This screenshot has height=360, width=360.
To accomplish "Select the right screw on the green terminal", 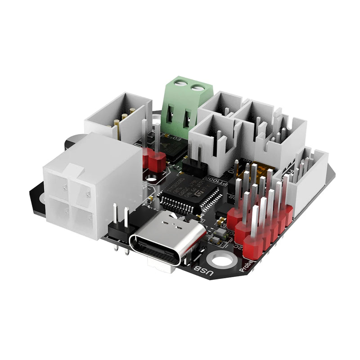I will [x=197, y=86].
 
